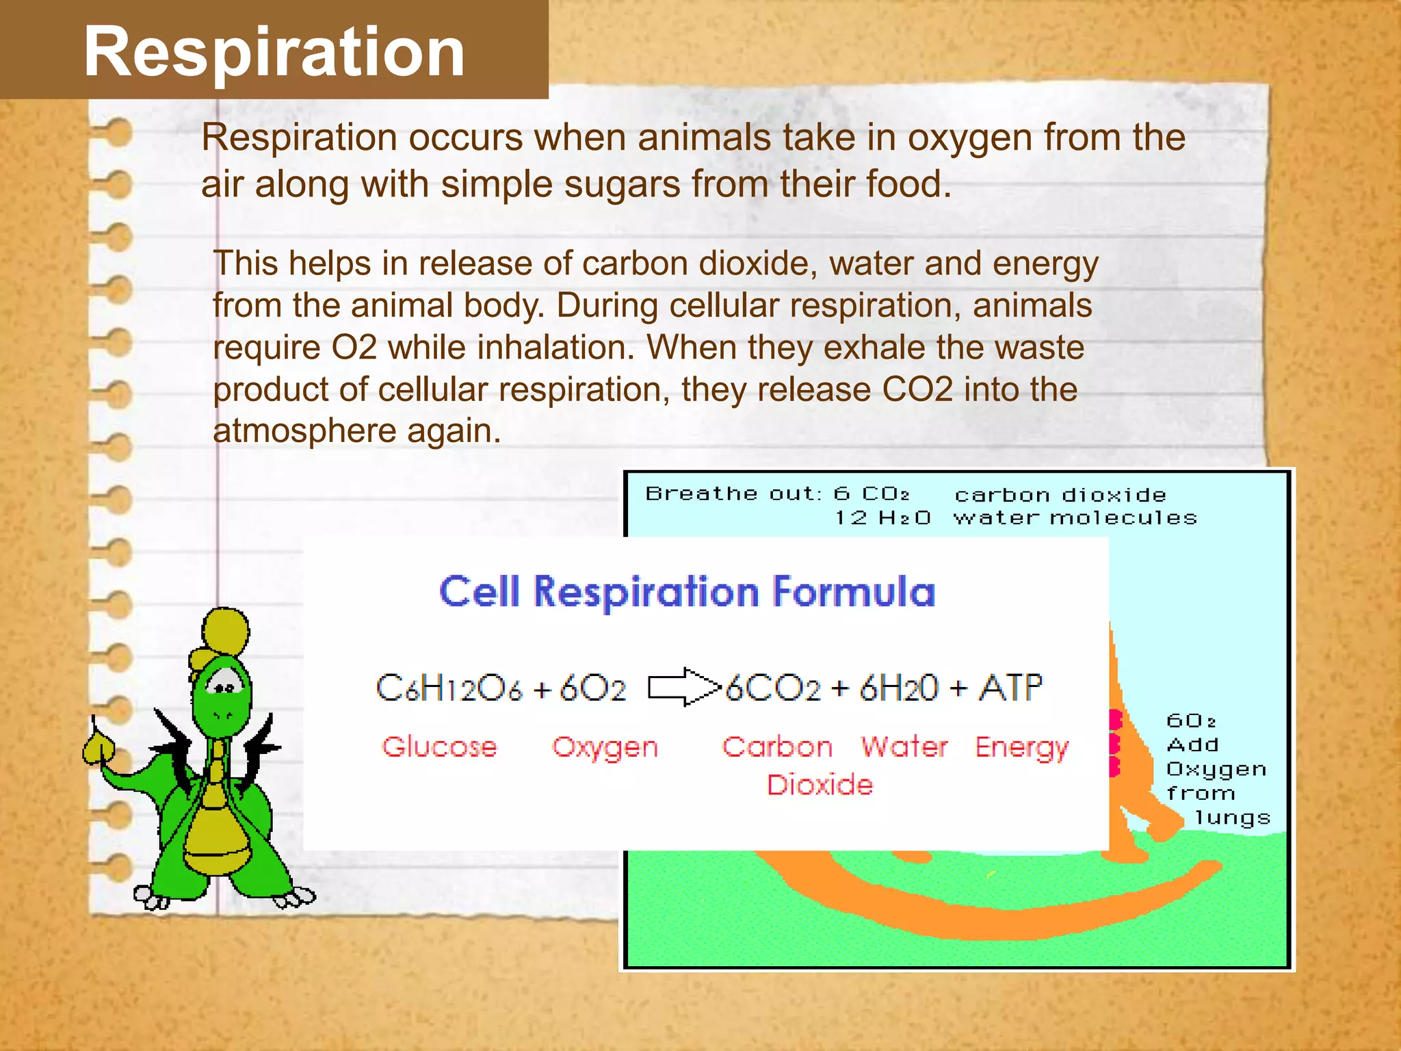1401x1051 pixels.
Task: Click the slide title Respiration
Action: (x=274, y=52)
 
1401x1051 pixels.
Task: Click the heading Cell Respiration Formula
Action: (x=687, y=592)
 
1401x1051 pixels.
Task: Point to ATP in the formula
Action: (x=1010, y=687)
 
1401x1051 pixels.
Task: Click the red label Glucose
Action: (x=439, y=747)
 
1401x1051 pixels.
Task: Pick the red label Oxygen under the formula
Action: (x=605, y=747)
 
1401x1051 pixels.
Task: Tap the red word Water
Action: (x=904, y=747)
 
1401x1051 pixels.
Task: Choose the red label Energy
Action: (x=1021, y=748)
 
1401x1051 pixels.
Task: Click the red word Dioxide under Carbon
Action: (x=820, y=784)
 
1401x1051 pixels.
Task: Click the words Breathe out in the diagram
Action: (x=733, y=493)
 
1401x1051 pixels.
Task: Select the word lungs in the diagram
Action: (x=1232, y=818)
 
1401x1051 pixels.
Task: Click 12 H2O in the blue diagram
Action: (x=882, y=518)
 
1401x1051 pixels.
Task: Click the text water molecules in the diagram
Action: (x=1075, y=518)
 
